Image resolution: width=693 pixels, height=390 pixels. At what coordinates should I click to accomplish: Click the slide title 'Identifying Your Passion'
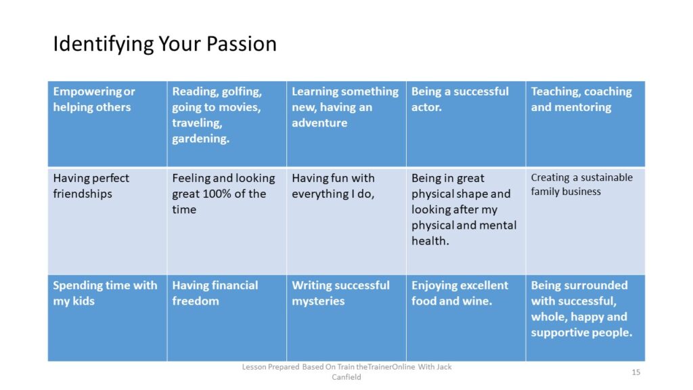(x=165, y=44)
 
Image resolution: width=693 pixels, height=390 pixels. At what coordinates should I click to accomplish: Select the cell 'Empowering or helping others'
(x=108, y=124)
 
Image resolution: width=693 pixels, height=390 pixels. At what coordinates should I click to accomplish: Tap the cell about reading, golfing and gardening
(x=227, y=124)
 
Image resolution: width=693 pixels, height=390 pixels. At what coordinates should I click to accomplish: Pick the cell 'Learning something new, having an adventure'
(x=346, y=124)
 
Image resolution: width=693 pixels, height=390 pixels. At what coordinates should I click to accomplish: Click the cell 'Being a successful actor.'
(x=466, y=124)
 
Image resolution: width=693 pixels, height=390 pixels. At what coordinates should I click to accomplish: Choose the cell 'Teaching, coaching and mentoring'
(x=585, y=124)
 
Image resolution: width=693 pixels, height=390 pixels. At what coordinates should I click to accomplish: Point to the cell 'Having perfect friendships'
(x=108, y=221)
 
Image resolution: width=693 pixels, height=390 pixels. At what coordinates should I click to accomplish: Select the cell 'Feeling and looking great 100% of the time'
(x=227, y=221)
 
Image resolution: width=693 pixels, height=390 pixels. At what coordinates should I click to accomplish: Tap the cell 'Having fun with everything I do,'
(x=346, y=221)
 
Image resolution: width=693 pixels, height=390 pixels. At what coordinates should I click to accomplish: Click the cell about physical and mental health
(x=466, y=221)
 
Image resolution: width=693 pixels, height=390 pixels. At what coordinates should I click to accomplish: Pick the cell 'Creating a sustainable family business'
(x=585, y=221)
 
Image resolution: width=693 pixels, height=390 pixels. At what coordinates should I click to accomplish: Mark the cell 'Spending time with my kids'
(x=108, y=318)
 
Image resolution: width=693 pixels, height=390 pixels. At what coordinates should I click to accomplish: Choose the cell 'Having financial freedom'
(x=227, y=318)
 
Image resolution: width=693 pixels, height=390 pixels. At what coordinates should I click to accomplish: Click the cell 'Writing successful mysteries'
(x=346, y=318)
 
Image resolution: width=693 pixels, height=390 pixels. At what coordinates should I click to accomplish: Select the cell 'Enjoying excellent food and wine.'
(x=466, y=318)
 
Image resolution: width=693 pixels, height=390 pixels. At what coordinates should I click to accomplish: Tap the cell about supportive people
(x=585, y=318)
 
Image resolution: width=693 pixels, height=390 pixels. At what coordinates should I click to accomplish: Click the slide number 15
(x=636, y=372)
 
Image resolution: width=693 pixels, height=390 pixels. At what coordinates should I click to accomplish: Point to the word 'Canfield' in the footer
(x=346, y=377)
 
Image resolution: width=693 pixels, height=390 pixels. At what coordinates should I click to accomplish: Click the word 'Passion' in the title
(x=242, y=44)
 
